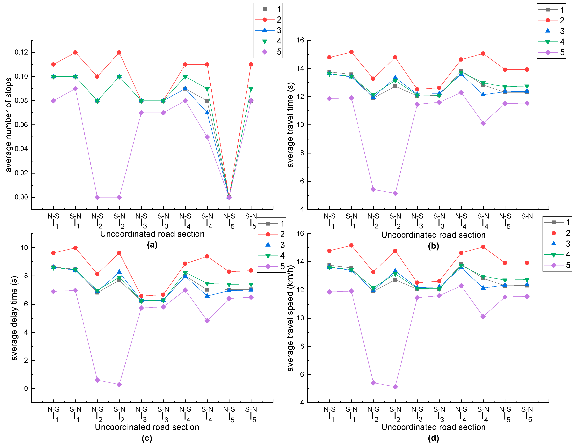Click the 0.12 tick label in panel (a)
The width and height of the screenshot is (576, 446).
(x=21, y=52)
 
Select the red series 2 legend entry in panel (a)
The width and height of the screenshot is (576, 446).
(x=268, y=19)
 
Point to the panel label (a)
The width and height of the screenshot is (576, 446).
(x=152, y=245)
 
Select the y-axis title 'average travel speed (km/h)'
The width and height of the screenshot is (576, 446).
(x=290, y=318)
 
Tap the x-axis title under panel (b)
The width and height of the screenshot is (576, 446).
(x=433, y=235)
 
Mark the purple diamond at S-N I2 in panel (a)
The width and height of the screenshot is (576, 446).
(x=119, y=197)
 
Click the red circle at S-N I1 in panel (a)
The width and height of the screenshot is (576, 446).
(x=75, y=52)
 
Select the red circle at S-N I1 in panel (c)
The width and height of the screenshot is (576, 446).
(x=75, y=248)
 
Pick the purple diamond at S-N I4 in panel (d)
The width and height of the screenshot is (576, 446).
(x=483, y=317)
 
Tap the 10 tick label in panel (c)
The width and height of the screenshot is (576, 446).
(x=24, y=248)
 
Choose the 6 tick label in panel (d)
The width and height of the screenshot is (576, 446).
(x=302, y=375)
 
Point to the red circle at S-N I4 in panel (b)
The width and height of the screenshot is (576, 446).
(x=483, y=54)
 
